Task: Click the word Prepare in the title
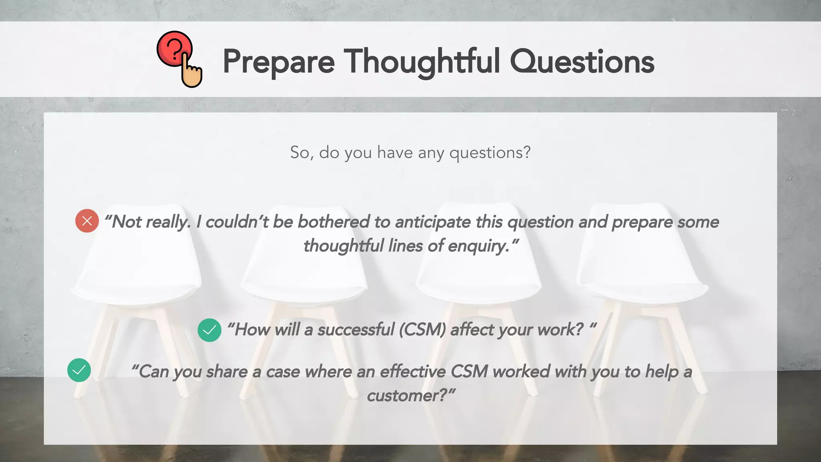coord(279,62)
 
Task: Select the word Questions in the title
coord(582,62)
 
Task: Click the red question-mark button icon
coord(174,48)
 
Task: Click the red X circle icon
coord(87,221)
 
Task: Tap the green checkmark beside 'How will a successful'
coord(209,330)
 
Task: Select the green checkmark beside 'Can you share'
coord(79,370)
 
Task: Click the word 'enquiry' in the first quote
coord(478,246)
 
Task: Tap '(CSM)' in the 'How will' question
coord(422,330)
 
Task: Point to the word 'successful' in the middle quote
coord(356,330)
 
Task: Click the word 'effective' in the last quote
coord(413,371)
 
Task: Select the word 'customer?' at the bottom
coord(407,396)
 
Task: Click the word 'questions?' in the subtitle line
coord(490,153)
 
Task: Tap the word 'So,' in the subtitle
coord(301,153)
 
